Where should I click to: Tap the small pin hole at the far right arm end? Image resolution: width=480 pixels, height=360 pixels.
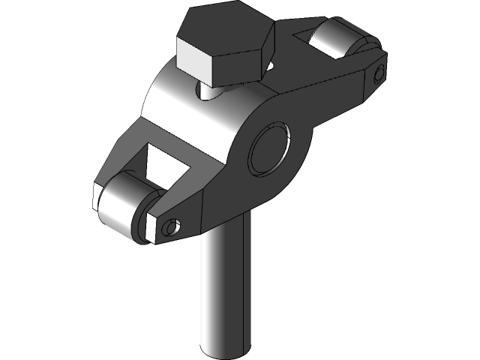pos(379,73)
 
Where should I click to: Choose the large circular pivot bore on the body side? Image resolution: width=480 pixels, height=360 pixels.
pos(269,149)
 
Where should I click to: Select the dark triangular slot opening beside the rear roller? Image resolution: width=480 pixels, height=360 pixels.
pos(304,36)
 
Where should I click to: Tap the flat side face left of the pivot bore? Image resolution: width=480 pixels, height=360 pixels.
pos(217,187)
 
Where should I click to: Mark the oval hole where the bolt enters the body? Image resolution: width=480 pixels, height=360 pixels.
pos(214,91)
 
